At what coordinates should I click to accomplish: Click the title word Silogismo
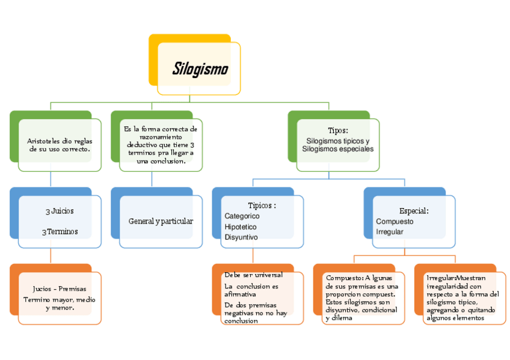pyautogui.click(x=200, y=69)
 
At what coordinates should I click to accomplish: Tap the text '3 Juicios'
pyautogui.click(x=60, y=212)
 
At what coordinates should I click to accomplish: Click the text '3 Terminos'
pyautogui.click(x=60, y=231)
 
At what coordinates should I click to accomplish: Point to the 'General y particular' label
pyautogui.click(x=161, y=221)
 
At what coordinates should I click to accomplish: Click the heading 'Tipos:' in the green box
pyautogui.click(x=338, y=130)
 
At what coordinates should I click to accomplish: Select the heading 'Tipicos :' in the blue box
pyautogui.click(x=262, y=206)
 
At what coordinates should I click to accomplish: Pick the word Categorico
pyautogui.click(x=242, y=216)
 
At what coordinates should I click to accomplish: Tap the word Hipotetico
pyautogui.click(x=241, y=227)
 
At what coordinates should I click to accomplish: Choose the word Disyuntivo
pyautogui.click(x=241, y=237)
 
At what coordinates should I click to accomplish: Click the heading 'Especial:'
pyautogui.click(x=414, y=211)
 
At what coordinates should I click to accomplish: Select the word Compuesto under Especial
pyautogui.click(x=395, y=221)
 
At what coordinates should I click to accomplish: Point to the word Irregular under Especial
pyautogui.click(x=390, y=231)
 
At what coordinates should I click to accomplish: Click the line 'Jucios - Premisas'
pyautogui.click(x=59, y=289)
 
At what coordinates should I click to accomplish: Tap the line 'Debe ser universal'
pyautogui.click(x=253, y=275)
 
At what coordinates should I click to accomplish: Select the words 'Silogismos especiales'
pyautogui.click(x=337, y=149)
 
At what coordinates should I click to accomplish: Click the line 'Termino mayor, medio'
pyautogui.click(x=59, y=299)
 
